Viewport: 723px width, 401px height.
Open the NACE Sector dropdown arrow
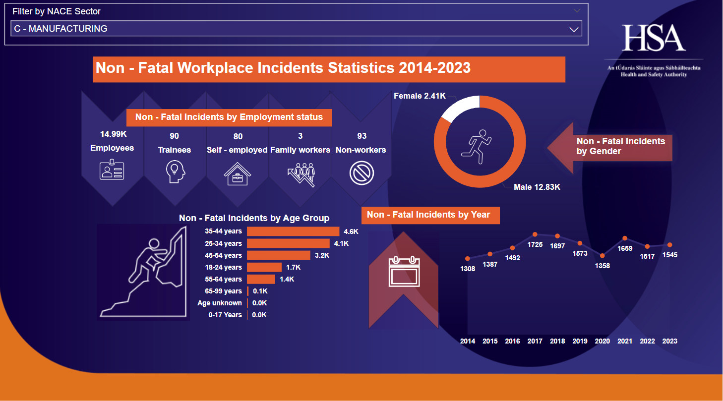574,29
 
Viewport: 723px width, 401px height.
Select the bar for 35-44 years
293,231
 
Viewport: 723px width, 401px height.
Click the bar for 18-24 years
264,267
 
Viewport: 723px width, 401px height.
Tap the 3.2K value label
322,256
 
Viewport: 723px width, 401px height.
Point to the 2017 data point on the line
535,234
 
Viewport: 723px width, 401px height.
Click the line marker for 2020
602,256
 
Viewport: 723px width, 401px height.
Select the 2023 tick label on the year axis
669,341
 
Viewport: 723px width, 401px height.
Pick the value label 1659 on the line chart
625,248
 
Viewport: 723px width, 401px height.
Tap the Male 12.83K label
537,187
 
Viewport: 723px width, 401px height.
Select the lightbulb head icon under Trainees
175,172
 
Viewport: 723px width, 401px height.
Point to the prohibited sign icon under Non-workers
361,173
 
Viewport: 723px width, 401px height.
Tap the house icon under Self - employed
237,173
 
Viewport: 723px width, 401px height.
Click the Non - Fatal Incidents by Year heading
428,215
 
